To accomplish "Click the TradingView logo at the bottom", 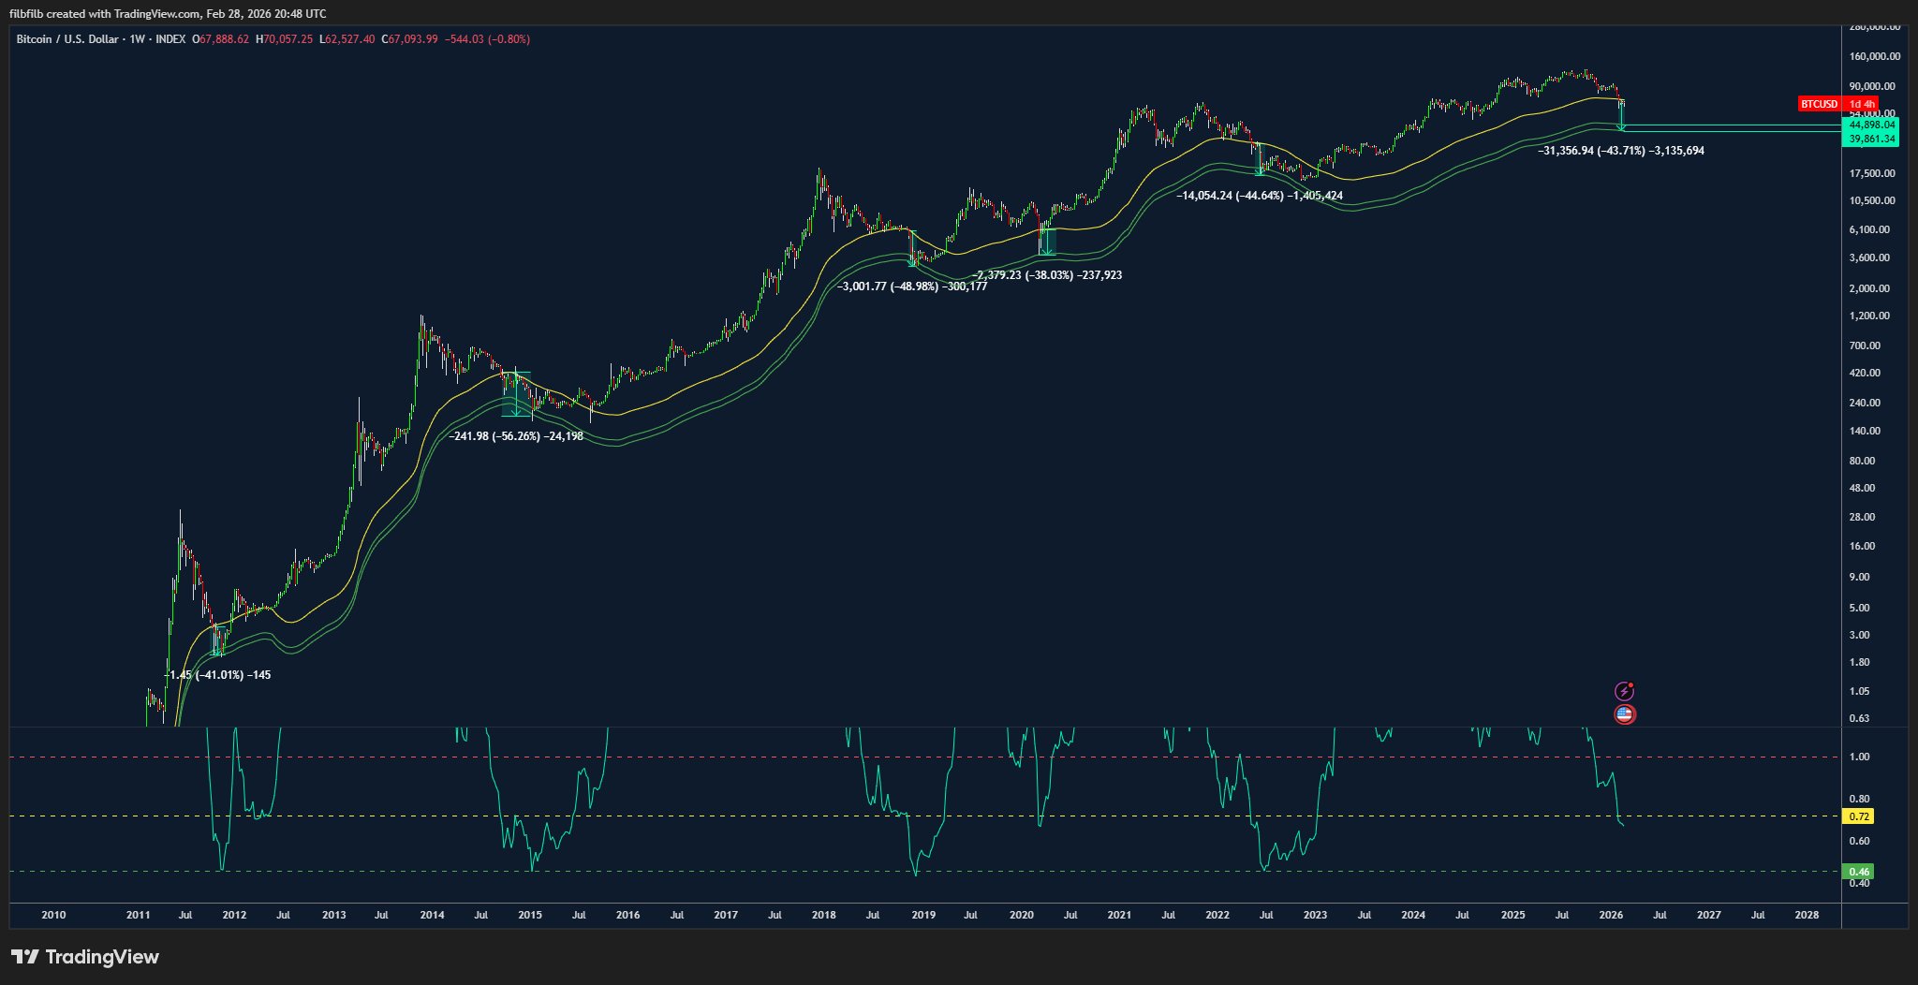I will tap(85, 957).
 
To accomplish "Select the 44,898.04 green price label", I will tap(1870, 125).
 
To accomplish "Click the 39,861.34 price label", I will tap(1870, 139).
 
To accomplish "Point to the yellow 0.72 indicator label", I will tap(1858, 817).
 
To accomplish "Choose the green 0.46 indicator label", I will tap(1858, 872).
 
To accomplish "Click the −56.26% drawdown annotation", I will tap(515, 436).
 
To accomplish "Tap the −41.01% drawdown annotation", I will tap(217, 675).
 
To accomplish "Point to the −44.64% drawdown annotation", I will tap(1259, 196).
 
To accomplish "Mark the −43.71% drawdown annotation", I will tap(1621, 151).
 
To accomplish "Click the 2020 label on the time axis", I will tap(1021, 915).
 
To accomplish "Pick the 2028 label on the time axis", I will tap(1807, 915).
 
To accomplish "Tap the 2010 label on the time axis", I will tap(54, 915).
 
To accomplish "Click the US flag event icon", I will tap(1625, 714).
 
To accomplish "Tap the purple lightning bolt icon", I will tap(1625, 692).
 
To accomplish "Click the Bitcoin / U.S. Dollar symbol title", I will tap(67, 39).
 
